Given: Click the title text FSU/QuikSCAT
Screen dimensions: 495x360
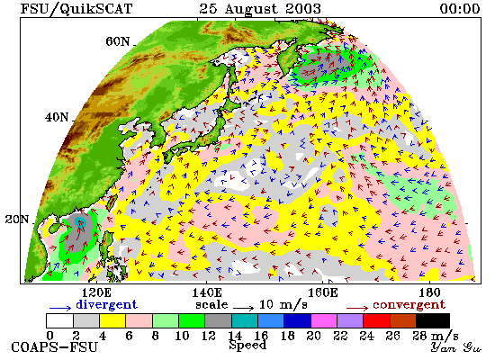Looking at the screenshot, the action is click(76, 9).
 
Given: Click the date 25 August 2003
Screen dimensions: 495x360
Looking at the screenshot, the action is click(260, 9).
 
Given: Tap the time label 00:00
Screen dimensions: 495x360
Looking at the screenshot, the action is click(460, 8).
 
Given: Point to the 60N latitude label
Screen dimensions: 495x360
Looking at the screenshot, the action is click(117, 41).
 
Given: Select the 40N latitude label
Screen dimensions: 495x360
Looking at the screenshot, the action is click(57, 118).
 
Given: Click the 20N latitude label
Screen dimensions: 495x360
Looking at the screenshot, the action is click(17, 220).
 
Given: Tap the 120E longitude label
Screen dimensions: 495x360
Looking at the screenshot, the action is click(96, 292).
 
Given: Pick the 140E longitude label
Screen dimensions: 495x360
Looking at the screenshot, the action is click(207, 292).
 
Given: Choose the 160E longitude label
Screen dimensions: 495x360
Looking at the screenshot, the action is click(322, 292).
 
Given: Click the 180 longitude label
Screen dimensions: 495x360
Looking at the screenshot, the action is click(429, 292).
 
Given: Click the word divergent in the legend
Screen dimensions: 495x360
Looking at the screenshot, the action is click(106, 305).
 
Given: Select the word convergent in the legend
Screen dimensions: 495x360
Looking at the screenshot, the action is click(409, 305).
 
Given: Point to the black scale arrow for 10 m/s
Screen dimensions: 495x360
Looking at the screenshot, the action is click(243, 308).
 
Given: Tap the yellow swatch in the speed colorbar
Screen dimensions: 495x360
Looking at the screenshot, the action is click(112, 320).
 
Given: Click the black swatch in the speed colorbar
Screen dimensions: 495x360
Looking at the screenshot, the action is click(433, 320).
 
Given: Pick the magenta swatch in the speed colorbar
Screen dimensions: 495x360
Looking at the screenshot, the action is click(324, 320).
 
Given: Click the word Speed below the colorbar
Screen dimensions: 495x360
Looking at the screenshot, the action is click(247, 345).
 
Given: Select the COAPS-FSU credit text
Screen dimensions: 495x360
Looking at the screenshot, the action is click(54, 347).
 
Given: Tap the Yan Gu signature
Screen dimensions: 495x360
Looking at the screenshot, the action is click(455, 347).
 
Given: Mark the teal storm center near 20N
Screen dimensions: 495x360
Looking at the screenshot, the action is click(80, 221).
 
